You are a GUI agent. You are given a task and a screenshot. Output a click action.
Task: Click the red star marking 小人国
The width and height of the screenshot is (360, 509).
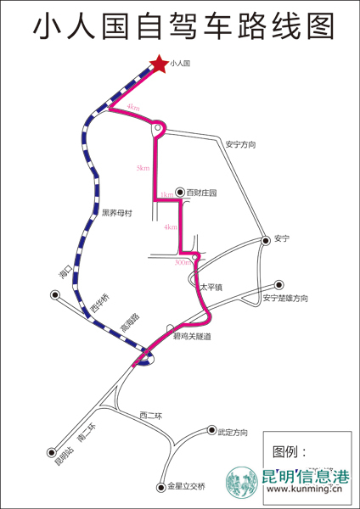(x=158, y=63)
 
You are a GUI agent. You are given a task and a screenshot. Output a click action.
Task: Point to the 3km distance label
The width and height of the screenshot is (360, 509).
(x=143, y=169)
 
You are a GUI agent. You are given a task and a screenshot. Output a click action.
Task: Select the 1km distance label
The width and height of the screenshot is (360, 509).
(x=166, y=196)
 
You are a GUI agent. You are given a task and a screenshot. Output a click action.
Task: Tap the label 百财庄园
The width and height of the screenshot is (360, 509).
(x=201, y=193)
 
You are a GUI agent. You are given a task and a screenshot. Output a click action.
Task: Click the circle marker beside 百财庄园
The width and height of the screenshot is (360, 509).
(x=180, y=193)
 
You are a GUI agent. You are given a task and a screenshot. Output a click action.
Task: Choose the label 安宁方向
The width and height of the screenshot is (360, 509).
(x=240, y=145)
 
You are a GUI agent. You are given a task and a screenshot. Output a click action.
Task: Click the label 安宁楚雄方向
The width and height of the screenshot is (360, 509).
(x=285, y=298)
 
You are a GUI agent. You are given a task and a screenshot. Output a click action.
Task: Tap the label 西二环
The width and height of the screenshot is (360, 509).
(x=150, y=415)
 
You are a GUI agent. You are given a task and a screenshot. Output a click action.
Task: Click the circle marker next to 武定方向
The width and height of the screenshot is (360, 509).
(x=211, y=431)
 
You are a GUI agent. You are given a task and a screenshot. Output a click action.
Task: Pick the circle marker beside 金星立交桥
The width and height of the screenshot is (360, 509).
(x=160, y=487)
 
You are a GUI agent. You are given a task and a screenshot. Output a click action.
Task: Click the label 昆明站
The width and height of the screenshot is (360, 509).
(x=60, y=458)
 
